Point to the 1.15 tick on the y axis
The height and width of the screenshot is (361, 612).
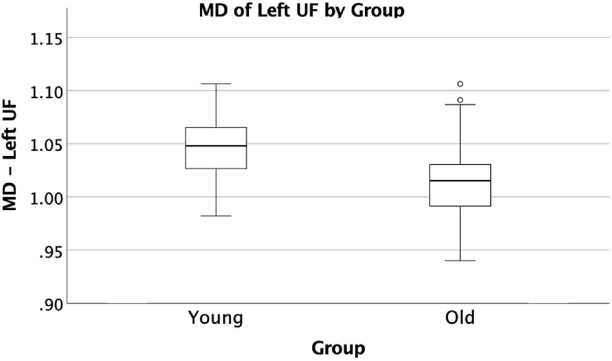[x=46, y=38]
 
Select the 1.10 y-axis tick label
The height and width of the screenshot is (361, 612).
[x=46, y=91]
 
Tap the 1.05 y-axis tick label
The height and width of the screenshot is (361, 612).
[x=46, y=144]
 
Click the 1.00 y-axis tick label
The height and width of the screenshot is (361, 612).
[x=46, y=197]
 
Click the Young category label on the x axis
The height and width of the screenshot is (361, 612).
[x=216, y=318]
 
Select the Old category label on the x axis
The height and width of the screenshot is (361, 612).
[x=460, y=318]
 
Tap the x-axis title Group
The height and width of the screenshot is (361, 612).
[x=338, y=348]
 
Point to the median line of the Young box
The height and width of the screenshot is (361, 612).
[x=216, y=146]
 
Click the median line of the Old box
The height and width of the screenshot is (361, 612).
[x=460, y=181]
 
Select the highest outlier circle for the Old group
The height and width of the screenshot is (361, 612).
[x=460, y=84]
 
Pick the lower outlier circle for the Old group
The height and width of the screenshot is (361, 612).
[x=460, y=100]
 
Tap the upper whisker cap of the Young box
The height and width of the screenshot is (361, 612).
[x=216, y=84]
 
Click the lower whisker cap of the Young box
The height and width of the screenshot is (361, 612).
[x=216, y=216]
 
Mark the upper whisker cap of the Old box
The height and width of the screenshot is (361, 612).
[x=460, y=105]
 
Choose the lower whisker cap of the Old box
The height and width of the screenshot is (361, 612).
[x=460, y=260]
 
